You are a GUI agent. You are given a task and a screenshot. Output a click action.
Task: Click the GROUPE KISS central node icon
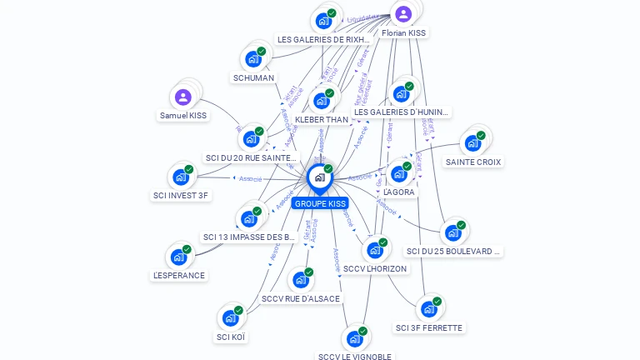pyautogui.click(x=319, y=177)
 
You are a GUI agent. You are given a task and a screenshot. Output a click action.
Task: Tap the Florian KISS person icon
pyautogui.click(x=403, y=13)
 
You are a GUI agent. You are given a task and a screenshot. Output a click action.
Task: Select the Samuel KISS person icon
pyautogui.click(x=183, y=97)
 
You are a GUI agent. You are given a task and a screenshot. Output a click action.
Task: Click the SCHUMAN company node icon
pyautogui.click(x=252, y=59)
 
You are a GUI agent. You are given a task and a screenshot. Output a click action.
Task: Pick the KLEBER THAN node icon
pyautogui.click(x=321, y=102)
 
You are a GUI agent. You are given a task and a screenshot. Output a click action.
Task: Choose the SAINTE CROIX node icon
pyautogui.click(x=472, y=142)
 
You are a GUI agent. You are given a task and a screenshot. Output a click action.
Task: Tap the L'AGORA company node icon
pyautogui.click(x=398, y=173)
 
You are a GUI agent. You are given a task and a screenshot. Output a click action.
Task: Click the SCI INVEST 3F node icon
pyautogui.click(x=180, y=177)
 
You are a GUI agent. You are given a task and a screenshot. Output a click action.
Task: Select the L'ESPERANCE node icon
pyautogui.click(x=178, y=257)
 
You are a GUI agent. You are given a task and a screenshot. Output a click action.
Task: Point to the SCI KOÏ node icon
pyautogui.click(x=230, y=318)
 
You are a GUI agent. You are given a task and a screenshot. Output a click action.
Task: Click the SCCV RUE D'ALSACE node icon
pyautogui.click(x=300, y=280)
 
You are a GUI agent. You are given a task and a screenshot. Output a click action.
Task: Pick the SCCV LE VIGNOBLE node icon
pyautogui.click(x=354, y=339)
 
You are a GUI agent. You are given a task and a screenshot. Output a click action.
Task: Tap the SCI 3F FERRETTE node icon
pyautogui.click(x=428, y=309)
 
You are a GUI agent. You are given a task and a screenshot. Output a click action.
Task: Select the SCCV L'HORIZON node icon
pyautogui.click(x=374, y=250)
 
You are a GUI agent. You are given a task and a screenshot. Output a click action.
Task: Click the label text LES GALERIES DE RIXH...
pyautogui.click(x=323, y=39)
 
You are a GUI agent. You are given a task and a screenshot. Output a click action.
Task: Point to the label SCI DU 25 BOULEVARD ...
pyautogui.click(x=453, y=251)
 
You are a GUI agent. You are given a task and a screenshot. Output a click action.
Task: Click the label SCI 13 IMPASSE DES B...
pyautogui.click(x=249, y=237)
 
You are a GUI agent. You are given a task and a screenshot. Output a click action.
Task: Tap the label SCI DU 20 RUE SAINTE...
pyautogui.click(x=251, y=157)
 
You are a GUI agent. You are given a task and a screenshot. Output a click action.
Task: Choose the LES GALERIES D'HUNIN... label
pyautogui.click(x=401, y=112)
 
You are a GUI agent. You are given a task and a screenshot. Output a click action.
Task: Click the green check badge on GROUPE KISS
pyautogui.click(x=328, y=169)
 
